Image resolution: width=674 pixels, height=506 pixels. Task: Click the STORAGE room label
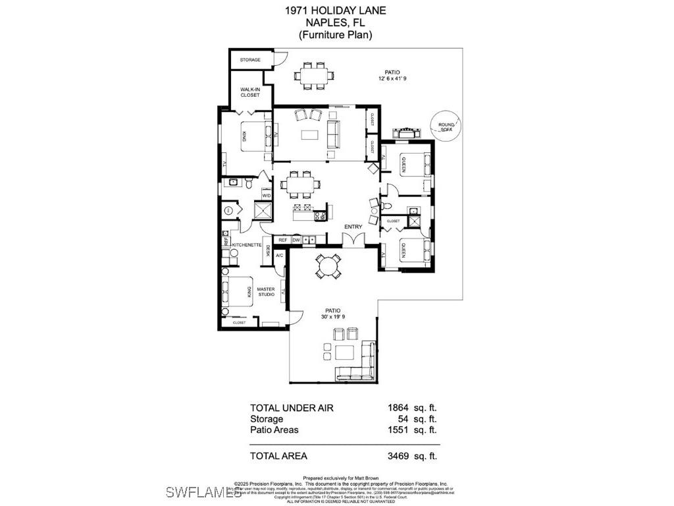tap(250, 60)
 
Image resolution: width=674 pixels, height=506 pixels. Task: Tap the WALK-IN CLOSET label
tap(250, 92)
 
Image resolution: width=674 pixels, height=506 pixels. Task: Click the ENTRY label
tap(353, 227)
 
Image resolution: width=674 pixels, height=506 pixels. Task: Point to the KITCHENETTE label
tap(247, 245)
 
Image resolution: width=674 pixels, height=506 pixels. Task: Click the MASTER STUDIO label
tap(266, 291)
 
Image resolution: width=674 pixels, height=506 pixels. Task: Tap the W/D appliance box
tap(267, 196)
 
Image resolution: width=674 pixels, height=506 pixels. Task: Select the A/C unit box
tap(279, 255)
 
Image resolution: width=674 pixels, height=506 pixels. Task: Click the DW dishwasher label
tap(296, 240)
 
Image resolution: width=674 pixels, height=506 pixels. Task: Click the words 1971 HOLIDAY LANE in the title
tap(336, 10)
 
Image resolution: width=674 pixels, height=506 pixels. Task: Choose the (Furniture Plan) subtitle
tap(336, 35)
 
